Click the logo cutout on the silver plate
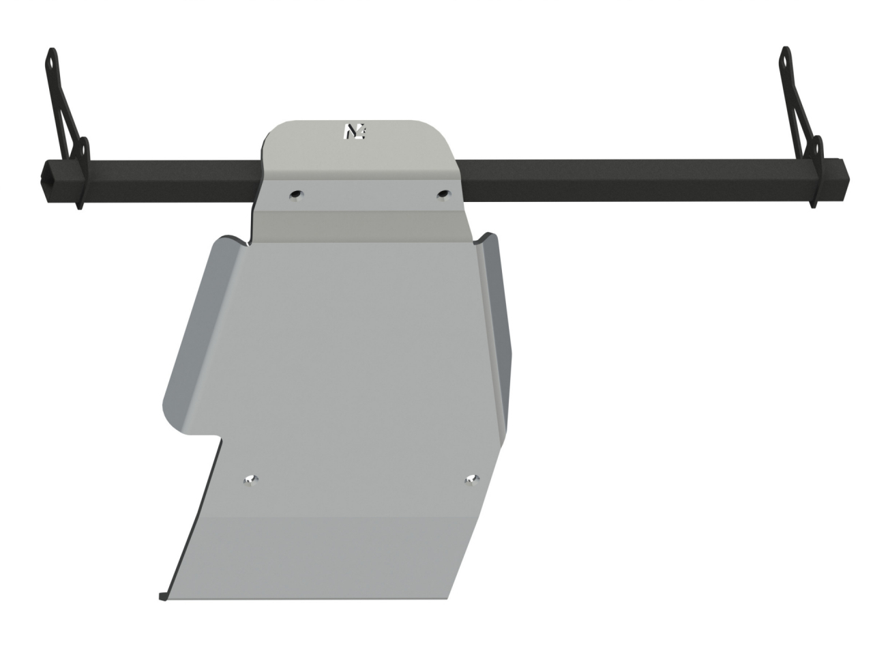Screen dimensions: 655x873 (355, 132)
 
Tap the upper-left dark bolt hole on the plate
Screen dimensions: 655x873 (296, 195)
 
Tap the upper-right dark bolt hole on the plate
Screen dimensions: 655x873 (444, 194)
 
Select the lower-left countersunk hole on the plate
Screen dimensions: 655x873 (251, 480)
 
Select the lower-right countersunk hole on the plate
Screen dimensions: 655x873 (471, 480)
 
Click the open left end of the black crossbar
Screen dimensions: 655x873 (52, 181)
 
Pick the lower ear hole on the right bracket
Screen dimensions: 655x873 (816, 148)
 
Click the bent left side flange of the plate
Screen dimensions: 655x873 (194, 327)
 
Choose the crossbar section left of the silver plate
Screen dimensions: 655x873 (171, 181)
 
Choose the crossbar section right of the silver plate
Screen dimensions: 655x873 (627, 181)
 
